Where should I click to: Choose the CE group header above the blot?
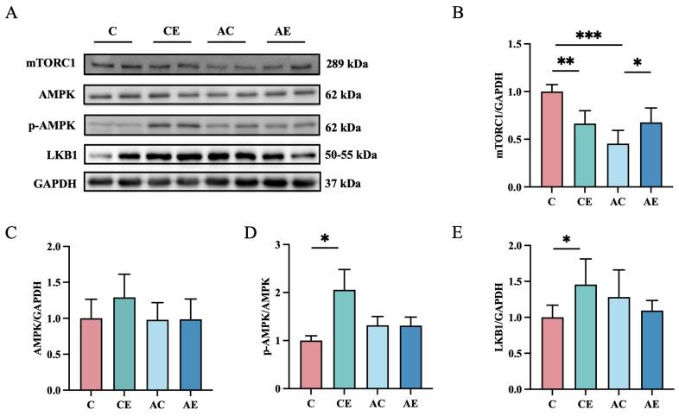(x=171, y=32)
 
